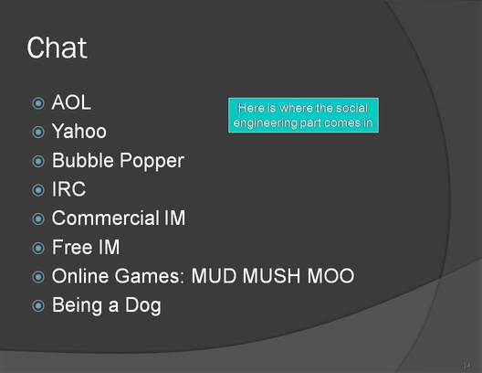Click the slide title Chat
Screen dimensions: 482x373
click(x=57, y=48)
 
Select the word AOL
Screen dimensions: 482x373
click(x=71, y=102)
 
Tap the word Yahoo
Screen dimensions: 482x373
click(x=79, y=131)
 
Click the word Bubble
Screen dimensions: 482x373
click(x=83, y=160)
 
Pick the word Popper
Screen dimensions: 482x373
click(x=152, y=161)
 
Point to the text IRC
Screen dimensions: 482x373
click(x=68, y=189)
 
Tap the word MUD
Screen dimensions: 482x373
click(x=214, y=276)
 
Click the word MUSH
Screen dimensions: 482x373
click(x=271, y=276)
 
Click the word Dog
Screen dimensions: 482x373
click(x=143, y=306)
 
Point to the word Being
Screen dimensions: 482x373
click(x=77, y=306)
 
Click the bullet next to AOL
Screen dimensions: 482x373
click(x=38, y=103)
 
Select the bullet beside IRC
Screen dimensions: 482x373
click(x=38, y=190)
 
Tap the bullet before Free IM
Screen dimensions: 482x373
click(x=38, y=248)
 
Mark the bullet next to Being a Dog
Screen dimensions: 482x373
click(x=38, y=305)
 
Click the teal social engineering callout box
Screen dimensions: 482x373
click(x=303, y=115)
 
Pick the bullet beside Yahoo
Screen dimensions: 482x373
click(x=38, y=132)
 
